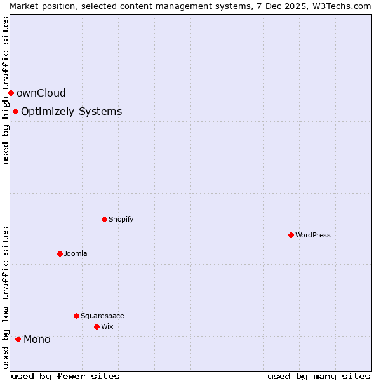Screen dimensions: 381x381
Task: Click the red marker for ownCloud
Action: coord(11,93)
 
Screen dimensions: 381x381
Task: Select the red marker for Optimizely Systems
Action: coord(15,112)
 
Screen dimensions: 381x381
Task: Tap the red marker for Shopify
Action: coord(104,219)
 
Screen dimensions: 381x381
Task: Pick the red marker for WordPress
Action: coord(291,235)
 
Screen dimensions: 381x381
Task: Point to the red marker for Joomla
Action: coord(60,253)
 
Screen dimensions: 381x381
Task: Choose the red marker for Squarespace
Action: coord(76,316)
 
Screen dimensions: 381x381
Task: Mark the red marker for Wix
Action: coord(97,326)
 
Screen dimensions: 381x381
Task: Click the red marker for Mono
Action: coord(18,339)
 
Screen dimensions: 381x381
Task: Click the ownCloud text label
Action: coord(41,93)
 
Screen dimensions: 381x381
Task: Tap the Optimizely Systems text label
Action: coord(71,112)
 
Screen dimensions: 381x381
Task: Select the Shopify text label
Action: coord(121,219)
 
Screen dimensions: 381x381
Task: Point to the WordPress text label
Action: coord(312,235)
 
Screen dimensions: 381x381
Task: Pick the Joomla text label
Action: coord(76,253)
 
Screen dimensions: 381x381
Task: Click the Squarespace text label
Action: coord(102,316)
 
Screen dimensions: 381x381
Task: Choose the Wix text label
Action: coord(107,326)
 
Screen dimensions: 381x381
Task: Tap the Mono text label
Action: coord(37,339)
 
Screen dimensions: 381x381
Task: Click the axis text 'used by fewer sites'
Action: coord(66,376)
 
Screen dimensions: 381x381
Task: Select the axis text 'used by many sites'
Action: coord(319,376)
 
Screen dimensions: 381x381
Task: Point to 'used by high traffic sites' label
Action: coord(6,90)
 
